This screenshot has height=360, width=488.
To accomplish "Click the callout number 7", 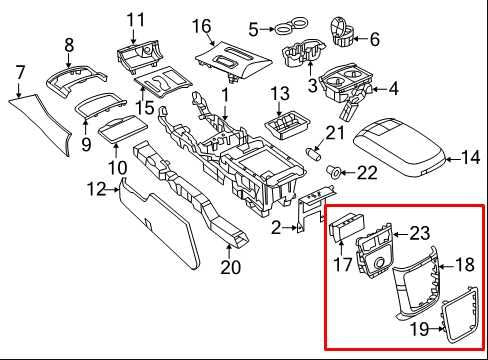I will tap(18, 72).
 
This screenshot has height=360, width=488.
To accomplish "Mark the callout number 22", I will tap(367, 173).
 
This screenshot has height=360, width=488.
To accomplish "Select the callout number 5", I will tap(254, 28).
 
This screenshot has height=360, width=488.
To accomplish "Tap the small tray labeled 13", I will tap(287, 129).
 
